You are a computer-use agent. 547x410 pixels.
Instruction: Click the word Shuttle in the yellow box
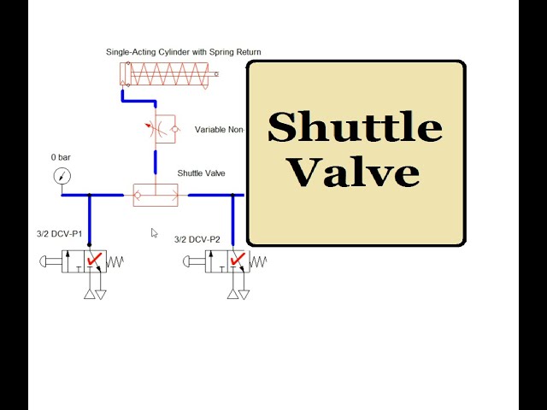[x=355, y=128]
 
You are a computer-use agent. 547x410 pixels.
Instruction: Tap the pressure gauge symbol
[x=62, y=177]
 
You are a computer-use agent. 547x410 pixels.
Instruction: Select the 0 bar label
[x=61, y=158]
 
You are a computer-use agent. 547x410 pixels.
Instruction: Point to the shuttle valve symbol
[x=156, y=195]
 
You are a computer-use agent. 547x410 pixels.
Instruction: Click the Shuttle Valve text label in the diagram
[x=201, y=173]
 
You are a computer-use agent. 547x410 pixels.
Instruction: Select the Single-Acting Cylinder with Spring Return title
[x=183, y=52]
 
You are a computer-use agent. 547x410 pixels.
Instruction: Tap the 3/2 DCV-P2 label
[x=197, y=239]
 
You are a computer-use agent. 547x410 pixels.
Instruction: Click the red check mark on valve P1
[x=95, y=260]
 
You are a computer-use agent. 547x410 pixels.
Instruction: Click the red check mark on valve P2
[x=238, y=260]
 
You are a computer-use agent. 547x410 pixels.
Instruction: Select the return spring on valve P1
[x=116, y=261]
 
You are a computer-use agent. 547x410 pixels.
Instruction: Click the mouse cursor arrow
[x=155, y=232]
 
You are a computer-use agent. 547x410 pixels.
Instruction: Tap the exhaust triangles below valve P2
[x=238, y=294]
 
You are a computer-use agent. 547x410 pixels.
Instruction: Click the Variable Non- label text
[x=220, y=130]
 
